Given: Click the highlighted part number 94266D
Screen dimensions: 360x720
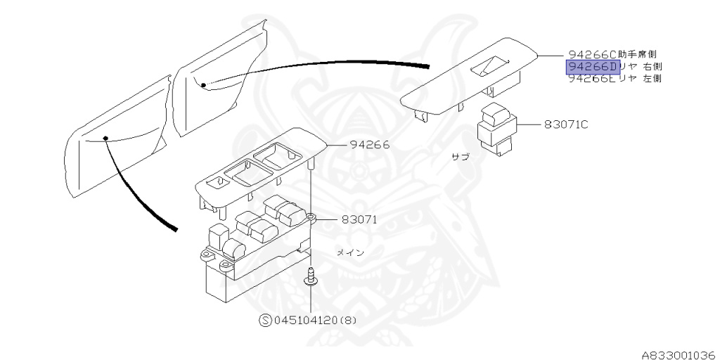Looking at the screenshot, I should [x=592, y=67].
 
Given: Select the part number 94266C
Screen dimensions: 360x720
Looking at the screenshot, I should [x=592, y=54].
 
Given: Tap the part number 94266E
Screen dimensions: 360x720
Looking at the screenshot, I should [x=592, y=79].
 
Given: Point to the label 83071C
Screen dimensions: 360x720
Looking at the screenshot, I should [x=566, y=125].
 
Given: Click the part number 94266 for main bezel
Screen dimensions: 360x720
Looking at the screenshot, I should [x=370, y=146].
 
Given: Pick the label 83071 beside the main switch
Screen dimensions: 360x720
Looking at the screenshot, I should [x=359, y=219].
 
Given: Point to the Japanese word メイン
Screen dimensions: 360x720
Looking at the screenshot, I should [x=349, y=252].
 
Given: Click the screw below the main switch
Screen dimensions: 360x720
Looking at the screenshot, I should [x=310, y=278].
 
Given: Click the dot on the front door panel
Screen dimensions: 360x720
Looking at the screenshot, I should [x=105, y=138].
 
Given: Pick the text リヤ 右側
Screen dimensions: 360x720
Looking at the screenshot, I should [x=641, y=67].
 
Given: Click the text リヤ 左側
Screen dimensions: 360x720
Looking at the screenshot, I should [x=641, y=79].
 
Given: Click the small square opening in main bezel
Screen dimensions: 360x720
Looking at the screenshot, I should [x=220, y=181].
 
